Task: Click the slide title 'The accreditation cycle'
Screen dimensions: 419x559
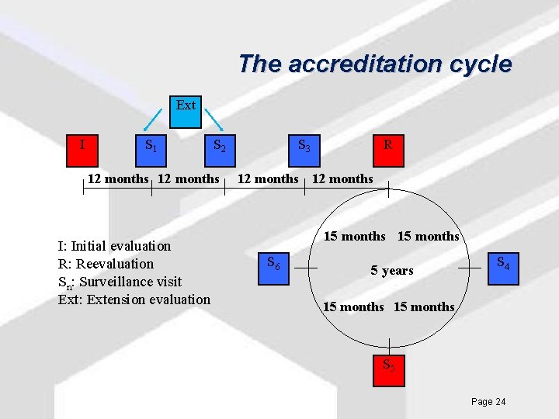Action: coord(375,64)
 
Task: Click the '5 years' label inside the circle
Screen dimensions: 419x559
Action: coord(391,271)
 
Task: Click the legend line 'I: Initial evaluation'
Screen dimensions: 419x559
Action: coord(114,246)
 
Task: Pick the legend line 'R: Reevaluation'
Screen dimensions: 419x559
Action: coord(106,264)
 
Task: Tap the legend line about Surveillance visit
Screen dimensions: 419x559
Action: coord(120,282)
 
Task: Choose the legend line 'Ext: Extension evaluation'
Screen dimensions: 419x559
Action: coord(134,300)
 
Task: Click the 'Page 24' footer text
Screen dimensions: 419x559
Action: coord(488,401)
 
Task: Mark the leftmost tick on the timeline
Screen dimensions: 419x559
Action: coord(83,190)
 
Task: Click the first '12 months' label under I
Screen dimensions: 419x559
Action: coord(117,179)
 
